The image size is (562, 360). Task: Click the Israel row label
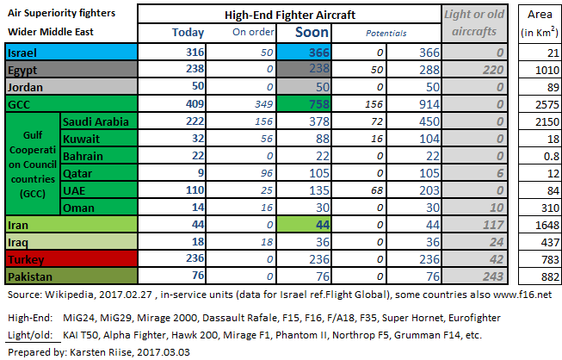click(x=22, y=53)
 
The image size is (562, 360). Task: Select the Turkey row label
click(x=26, y=259)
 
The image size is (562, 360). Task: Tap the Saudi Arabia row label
click(x=96, y=122)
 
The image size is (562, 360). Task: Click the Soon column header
click(x=312, y=32)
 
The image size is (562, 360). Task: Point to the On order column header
click(x=253, y=32)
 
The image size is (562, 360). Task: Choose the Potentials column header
click(x=386, y=34)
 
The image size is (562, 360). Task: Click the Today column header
click(x=188, y=32)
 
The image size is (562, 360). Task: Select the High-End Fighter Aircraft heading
click(x=289, y=15)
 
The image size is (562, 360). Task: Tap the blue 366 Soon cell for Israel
click(x=304, y=53)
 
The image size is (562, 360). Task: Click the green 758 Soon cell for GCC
click(x=304, y=104)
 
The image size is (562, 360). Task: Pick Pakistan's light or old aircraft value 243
click(x=493, y=276)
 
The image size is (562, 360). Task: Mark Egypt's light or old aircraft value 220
click(x=493, y=70)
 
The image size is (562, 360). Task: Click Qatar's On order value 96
click(x=267, y=173)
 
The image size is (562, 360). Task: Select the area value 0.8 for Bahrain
click(x=551, y=157)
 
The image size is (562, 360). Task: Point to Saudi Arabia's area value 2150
click(x=547, y=122)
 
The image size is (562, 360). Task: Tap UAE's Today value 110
click(x=195, y=190)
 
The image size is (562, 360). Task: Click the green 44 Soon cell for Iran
click(x=304, y=225)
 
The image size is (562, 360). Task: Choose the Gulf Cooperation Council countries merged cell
click(x=33, y=164)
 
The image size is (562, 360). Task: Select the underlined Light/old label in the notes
click(x=30, y=335)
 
